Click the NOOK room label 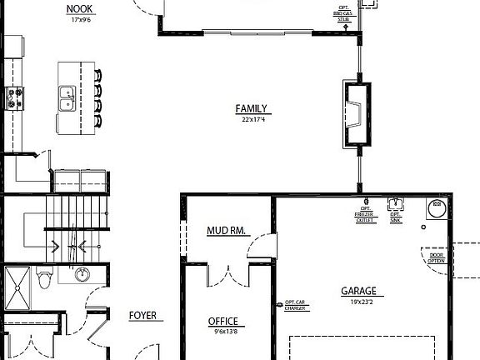(79, 9)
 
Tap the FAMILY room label (251, 108)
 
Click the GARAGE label (358, 291)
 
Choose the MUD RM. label (226, 230)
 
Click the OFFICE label (222, 321)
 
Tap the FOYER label (142, 316)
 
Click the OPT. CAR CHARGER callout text (295, 306)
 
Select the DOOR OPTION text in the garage (436, 257)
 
